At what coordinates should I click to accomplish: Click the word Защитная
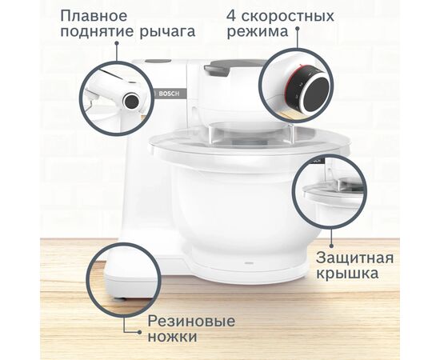click(x=354, y=258)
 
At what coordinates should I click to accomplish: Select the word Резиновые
click(x=192, y=321)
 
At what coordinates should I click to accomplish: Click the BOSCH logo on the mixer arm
click(x=172, y=94)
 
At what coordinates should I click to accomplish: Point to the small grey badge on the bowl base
click(x=247, y=262)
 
